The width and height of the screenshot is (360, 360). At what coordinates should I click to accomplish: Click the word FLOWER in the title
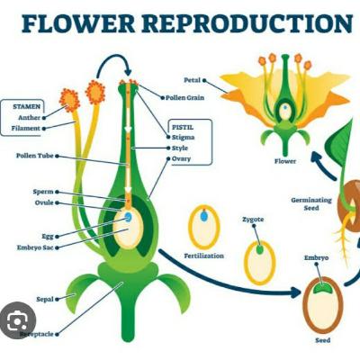click(x=78, y=23)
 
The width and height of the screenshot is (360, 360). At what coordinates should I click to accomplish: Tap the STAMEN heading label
click(x=26, y=106)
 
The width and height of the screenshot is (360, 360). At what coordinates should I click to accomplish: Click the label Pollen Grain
click(x=184, y=98)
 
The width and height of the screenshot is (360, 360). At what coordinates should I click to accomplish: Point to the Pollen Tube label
click(x=35, y=156)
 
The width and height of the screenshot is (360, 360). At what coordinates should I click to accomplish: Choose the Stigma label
click(x=183, y=138)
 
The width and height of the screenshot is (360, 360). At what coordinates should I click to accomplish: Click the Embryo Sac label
click(x=35, y=247)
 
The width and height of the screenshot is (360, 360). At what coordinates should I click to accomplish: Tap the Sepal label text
click(x=45, y=299)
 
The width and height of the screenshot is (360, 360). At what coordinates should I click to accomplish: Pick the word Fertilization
click(x=204, y=256)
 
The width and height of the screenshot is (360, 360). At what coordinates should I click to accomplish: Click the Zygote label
click(x=253, y=220)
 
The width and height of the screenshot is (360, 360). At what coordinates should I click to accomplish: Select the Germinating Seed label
click(x=311, y=204)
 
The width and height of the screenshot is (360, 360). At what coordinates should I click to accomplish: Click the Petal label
click(x=192, y=80)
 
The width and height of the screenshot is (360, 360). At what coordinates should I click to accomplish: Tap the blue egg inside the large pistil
click(x=129, y=217)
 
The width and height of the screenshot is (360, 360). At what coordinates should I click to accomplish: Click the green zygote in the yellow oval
click(x=259, y=249)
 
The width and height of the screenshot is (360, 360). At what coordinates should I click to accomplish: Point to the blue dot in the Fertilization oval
click(x=204, y=216)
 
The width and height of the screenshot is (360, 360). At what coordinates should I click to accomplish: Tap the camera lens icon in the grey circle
click(x=17, y=321)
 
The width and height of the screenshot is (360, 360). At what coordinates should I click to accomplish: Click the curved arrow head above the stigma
click(x=128, y=72)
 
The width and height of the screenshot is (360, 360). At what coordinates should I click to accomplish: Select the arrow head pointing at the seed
click(x=296, y=292)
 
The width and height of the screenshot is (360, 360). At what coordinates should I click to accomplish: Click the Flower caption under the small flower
click(x=285, y=161)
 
